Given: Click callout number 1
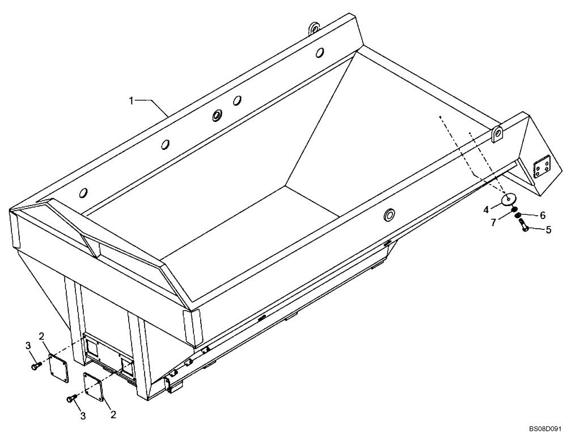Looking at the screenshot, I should pyautogui.click(x=131, y=100).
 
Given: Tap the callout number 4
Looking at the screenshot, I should pyautogui.click(x=486, y=209).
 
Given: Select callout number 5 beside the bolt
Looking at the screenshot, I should pyautogui.click(x=548, y=230).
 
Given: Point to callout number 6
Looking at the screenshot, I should pyautogui.click(x=542, y=216).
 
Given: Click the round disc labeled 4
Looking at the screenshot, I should pyautogui.click(x=509, y=199).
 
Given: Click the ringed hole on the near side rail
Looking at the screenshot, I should pyautogui.click(x=389, y=214).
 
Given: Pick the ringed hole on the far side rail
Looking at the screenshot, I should pyautogui.click(x=217, y=116).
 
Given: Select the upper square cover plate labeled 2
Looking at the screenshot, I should pyautogui.click(x=57, y=364).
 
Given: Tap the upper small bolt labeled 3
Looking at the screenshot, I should pyautogui.click(x=35, y=367).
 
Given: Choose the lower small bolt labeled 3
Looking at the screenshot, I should pyautogui.click(x=71, y=399).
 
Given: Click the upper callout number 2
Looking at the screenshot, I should pyautogui.click(x=41, y=335).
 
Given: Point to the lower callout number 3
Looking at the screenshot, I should pyautogui.click(x=83, y=416).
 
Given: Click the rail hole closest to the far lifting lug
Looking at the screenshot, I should pyautogui.click(x=320, y=52).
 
